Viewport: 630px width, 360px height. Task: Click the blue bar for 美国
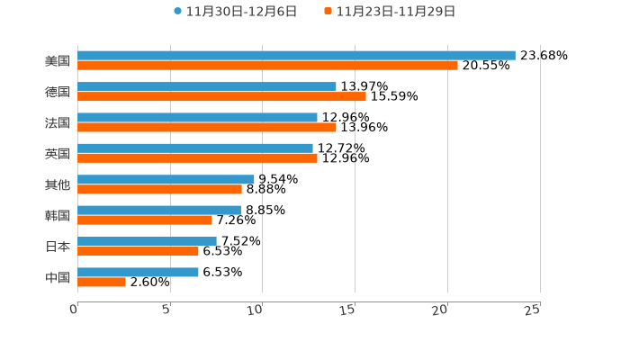(x=296, y=56)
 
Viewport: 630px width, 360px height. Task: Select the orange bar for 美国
(x=267, y=66)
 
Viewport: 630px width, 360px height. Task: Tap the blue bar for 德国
(x=207, y=87)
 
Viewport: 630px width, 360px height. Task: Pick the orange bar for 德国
(x=221, y=97)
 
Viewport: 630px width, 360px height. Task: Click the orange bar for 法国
(x=207, y=128)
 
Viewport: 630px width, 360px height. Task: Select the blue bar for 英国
(x=195, y=148)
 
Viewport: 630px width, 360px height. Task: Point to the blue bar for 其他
(x=166, y=180)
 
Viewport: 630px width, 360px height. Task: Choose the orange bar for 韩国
(x=145, y=220)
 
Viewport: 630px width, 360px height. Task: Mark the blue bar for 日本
(x=147, y=241)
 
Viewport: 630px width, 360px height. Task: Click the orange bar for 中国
(x=102, y=283)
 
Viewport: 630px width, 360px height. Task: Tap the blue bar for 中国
(x=138, y=273)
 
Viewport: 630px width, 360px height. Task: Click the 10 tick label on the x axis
(x=255, y=310)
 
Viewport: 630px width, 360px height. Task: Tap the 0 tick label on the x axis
(x=74, y=310)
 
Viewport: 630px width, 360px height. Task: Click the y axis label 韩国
(x=58, y=216)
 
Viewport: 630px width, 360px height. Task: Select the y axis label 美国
(x=58, y=61)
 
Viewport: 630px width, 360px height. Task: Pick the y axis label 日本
(x=58, y=247)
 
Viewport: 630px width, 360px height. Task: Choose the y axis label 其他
(x=58, y=184)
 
